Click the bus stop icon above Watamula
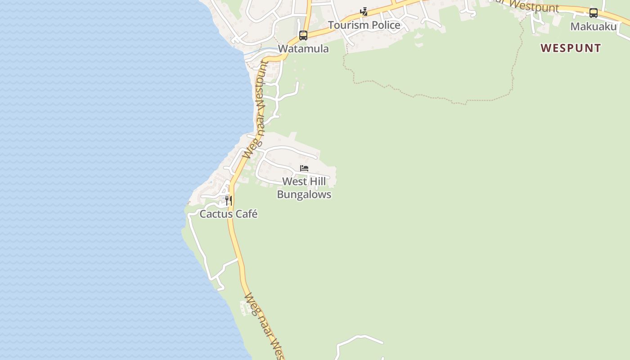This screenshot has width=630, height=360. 303,35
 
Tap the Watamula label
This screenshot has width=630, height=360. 303,49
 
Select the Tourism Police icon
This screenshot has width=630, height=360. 364,12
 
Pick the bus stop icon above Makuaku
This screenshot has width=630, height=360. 594,13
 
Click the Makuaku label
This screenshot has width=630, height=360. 594,27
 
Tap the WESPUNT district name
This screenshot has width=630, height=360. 571,48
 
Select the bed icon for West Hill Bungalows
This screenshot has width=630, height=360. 304,169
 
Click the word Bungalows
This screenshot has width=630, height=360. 304,194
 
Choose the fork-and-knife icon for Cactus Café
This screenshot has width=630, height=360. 229,200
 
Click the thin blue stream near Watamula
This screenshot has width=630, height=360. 259,51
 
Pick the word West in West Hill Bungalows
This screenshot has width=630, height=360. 294,182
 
